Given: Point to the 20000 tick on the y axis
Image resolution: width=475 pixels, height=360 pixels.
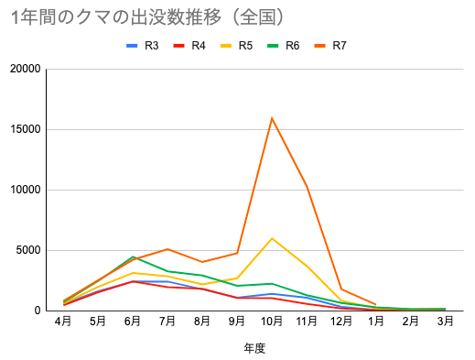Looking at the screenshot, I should pyautogui.click(x=24, y=69).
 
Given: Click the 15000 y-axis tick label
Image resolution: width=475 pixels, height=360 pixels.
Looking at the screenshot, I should pyautogui.click(x=24, y=129).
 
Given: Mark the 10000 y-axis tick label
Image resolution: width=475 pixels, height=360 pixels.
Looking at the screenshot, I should pyautogui.click(x=24, y=190).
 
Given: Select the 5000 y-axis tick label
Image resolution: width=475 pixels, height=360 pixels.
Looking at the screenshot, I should pyautogui.click(x=27, y=250).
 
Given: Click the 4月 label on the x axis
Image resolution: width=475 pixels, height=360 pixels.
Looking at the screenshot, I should pyautogui.click(x=64, y=322).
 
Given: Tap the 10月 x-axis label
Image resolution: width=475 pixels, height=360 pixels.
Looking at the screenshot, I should pyautogui.click(x=272, y=322).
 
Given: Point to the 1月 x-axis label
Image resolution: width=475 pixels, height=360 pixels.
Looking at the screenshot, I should pyautogui.click(x=376, y=322).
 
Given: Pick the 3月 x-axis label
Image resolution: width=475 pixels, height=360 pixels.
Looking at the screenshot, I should pyautogui.click(x=446, y=322).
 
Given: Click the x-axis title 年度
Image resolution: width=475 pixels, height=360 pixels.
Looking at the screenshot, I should pyautogui.click(x=254, y=348).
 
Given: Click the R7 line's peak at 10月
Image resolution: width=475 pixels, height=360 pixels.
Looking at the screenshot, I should pyautogui.click(x=272, y=118).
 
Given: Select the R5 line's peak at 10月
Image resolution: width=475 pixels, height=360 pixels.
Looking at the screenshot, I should pyautogui.click(x=272, y=238).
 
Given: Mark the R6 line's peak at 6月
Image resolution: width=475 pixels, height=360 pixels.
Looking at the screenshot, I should pyautogui.click(x=134, y=256).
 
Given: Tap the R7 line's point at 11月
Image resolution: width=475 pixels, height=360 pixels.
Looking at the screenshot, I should pyautogui.click(x=307, y=186).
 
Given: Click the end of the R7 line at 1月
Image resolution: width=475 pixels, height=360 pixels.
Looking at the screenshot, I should pyautogui.click(x=376, y=304).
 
